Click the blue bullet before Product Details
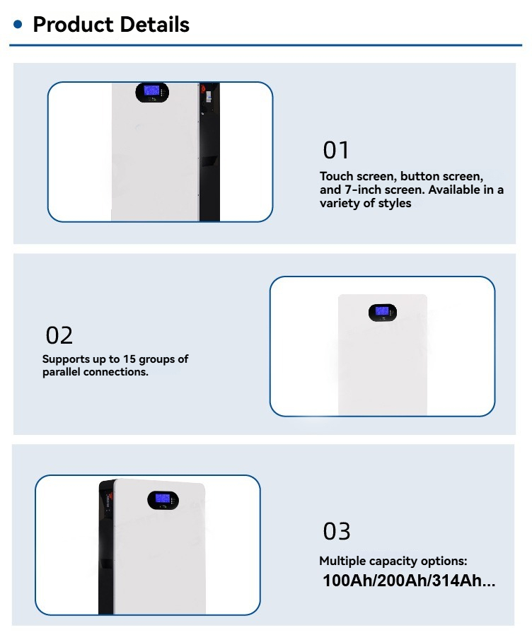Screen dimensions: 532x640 pyautogui.click(x=18, y=25)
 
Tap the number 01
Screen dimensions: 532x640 pyautogui.click(x=336, y=150)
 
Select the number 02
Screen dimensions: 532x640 pyautogui.click(x=59, y=335)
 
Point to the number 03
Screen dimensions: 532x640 pyautogui.click(x=337, y=531)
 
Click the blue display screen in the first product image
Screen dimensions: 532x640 pyautogui.click(x=151, y=91)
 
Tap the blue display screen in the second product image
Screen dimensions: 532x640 pyautogui.click(x=382, y=311)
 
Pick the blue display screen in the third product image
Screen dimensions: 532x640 pyautogui.click(x=163, y=499)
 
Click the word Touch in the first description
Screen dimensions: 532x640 pyautogui.click(x=337, y=176)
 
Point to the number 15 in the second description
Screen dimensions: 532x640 pyautogui.click(x=129, y=359)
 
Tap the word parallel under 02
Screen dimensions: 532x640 pyautogui.click(x=62, y=372)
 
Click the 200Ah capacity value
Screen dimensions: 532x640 pyautogui.click(x=400, y=581)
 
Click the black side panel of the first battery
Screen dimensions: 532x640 pyautogui.click(x=209, y=152)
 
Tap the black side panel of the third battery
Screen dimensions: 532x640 pyautogui.click(x=106, y=547)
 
